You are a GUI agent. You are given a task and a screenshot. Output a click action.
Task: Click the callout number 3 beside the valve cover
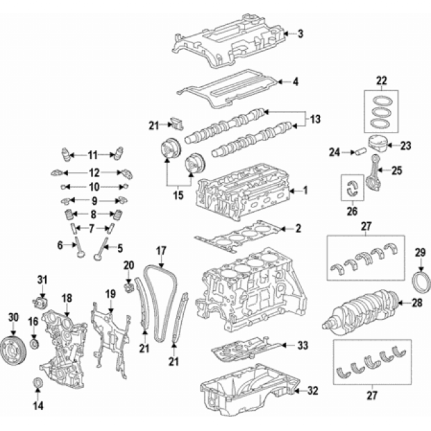pos(300,33)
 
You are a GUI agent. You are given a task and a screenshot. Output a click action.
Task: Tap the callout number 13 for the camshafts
pos(315,119)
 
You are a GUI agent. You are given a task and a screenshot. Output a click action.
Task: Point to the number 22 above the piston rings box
pos(382,81)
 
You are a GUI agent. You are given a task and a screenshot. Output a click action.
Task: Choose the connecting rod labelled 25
pos(370,174)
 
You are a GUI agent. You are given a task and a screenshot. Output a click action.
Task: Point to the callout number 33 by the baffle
pos(301,345)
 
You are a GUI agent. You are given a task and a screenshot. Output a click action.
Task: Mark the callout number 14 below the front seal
pos(38,405)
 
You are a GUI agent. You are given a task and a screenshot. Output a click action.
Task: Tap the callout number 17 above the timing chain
pos(161,251)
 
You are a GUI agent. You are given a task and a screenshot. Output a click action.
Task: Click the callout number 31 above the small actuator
pos(42,279)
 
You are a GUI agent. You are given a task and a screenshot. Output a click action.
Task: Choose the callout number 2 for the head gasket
pos(298,229)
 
